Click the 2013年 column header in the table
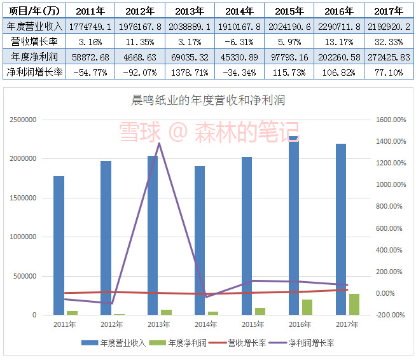[x=189, y=11]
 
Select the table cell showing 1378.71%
[x=189, y=73]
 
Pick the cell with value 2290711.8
[x=337, y=26]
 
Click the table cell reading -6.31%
[x=239, y=41]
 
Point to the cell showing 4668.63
[x=139, y=57]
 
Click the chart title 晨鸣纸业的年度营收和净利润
[x=207, y=100]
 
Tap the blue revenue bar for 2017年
[x=341, y=229]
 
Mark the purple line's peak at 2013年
[x=158, y=143]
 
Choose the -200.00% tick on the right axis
[x=390, y=315]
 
